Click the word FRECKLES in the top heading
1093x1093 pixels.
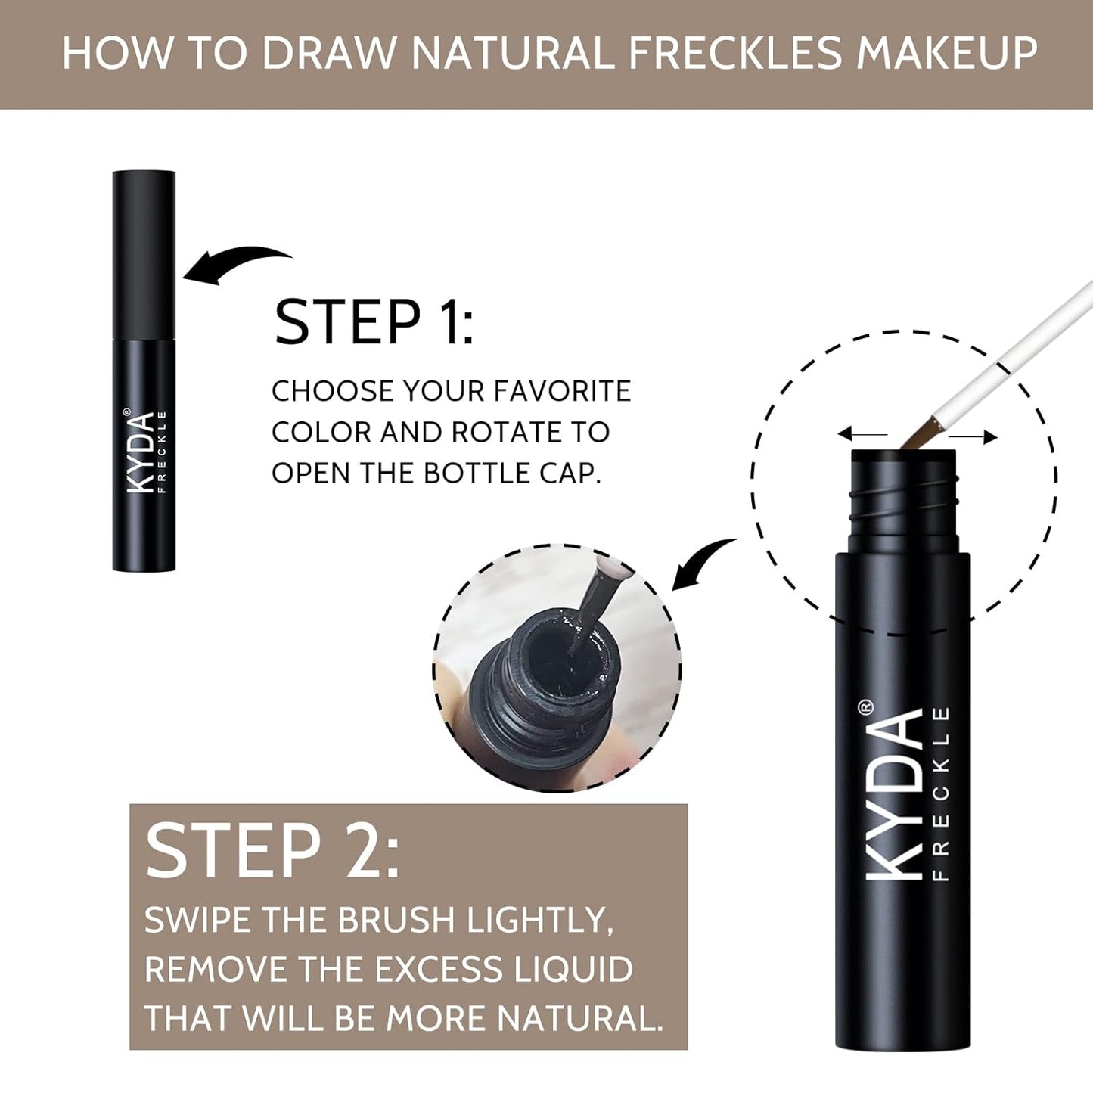(734, 54)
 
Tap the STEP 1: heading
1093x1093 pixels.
(374, 323)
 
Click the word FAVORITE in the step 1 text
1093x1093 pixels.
(562, 391)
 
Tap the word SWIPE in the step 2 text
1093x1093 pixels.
(198, 921)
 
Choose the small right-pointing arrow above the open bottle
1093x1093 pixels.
(974, 436)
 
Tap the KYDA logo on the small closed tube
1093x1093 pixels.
(141, 452)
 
